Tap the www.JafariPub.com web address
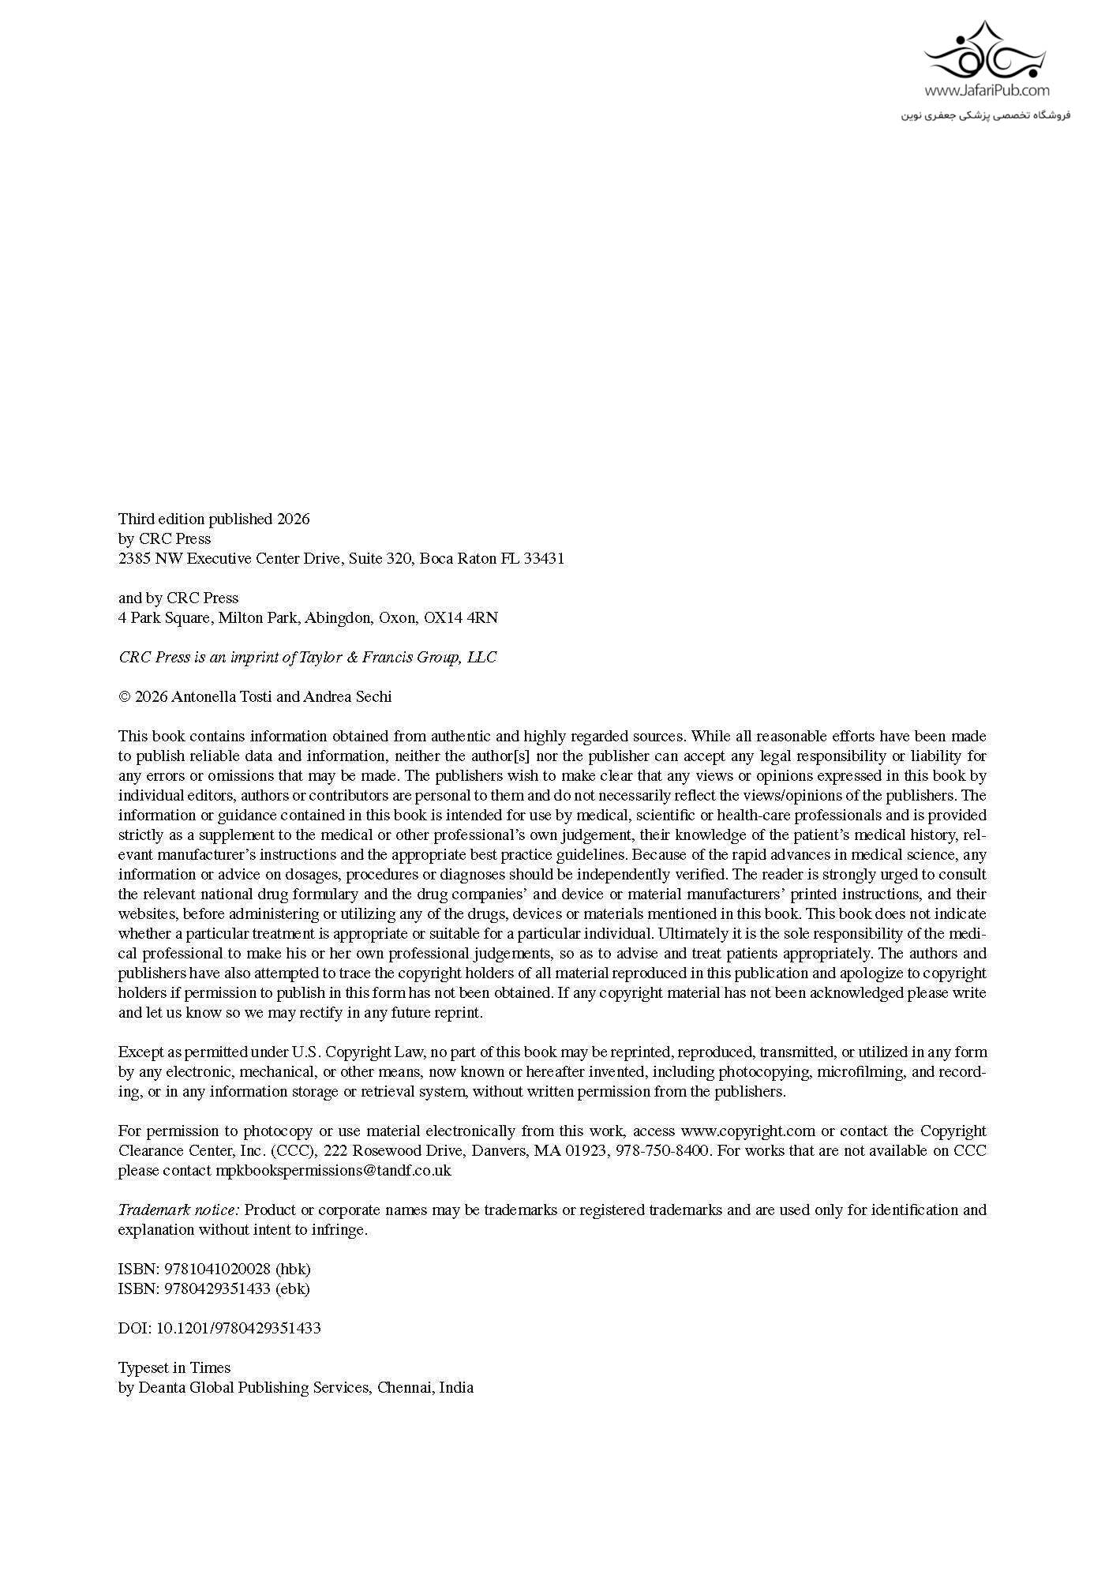(x=987, y=91)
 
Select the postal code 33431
(x=544, y=558)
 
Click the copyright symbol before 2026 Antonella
(x=124, y=697)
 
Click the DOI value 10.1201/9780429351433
(x=238, y=1328)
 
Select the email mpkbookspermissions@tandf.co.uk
(x=333, y=1170)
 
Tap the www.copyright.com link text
(x=747, y=1131)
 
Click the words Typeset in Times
(x=174, y=1367)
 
